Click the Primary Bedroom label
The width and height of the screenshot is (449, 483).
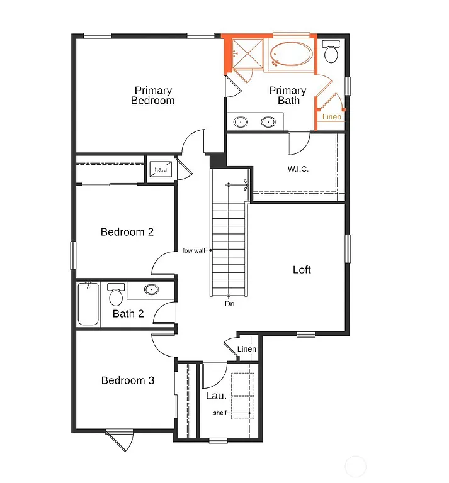[x=153, y=96]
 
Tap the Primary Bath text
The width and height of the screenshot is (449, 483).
[x=287, y=96]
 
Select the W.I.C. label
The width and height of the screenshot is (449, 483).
[x=298, y=169]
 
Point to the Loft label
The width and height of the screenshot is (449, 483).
[x=302, y=270]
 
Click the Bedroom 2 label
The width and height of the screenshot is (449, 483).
[x=127, y=232]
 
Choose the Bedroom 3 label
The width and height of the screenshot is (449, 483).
[x=127, y=380]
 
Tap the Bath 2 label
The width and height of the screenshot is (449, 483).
[x=128, y=313]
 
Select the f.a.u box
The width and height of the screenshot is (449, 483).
[x=158, y=169]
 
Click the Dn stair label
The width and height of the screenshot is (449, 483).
[x=230, y=304]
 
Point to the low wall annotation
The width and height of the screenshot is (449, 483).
[x=193, y=250]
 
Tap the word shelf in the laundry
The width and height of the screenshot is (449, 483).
[x=219, y=413]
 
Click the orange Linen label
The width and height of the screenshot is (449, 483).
[x=331, y=117]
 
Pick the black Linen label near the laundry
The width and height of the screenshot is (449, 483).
[x=247, y=350]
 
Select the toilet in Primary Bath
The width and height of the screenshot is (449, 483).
[x=331, y=52]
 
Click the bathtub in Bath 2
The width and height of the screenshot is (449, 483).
[x=88, y=304]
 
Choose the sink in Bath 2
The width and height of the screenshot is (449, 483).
[x=151, y=290]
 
